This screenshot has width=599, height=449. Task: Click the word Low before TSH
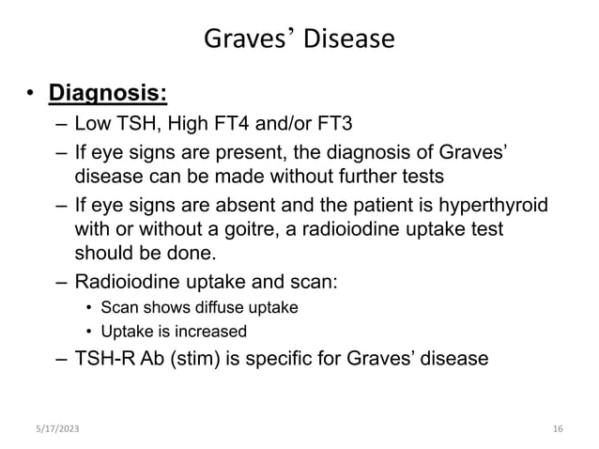coord(92,127)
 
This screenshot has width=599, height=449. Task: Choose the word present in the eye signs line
coord(244,154)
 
